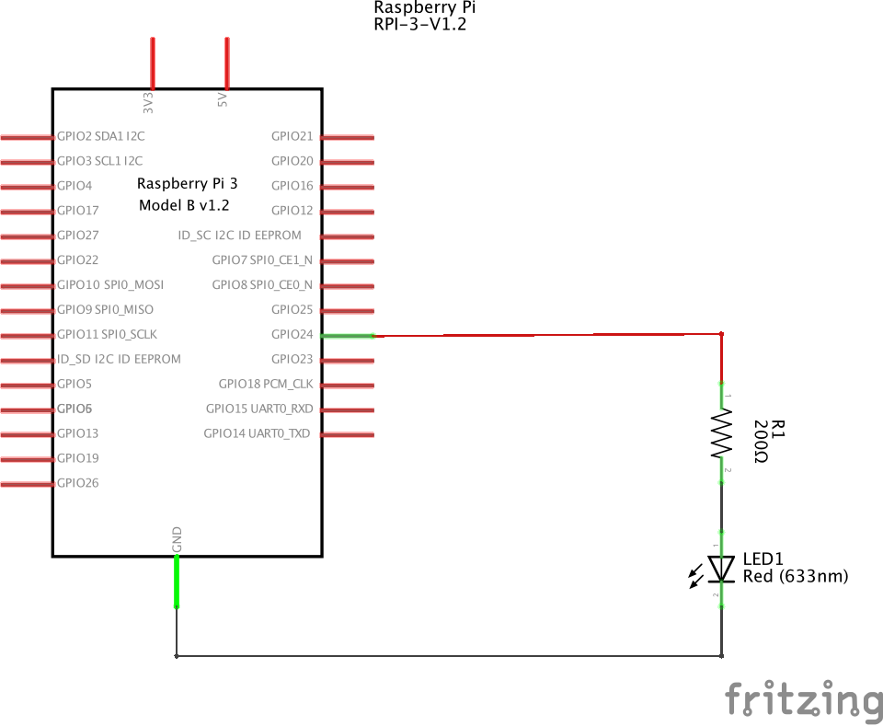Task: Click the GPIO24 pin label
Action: (x=292, y=334)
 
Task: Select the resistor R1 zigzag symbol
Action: (x=721, y=433)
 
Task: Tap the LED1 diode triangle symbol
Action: (x=721, y=569)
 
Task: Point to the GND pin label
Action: (x=177, y=539)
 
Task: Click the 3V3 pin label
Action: (x=148, y=103)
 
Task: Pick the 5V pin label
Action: (x=223, y=100)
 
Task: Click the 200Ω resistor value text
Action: (x=761, y=442)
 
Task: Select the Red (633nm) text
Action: (x=795, y=576)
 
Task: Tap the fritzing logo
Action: (x=804, y=700)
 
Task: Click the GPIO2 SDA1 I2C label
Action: (x=101, y=136)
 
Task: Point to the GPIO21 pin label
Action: (x=292, y=136)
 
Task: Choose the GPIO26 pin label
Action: (x=77, y=483)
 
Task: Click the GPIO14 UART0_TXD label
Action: (x=257, y=433)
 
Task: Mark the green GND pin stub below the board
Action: (x=177, y=582)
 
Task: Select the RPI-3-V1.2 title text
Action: (x=420, y=24)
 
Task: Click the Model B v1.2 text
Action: (x=184, y=205)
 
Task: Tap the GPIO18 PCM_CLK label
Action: (x=265, y=384)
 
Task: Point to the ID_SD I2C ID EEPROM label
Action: (x=119, y=359)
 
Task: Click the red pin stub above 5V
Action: (x=227, y=63)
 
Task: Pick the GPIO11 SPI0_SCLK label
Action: (x=107, y=334)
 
